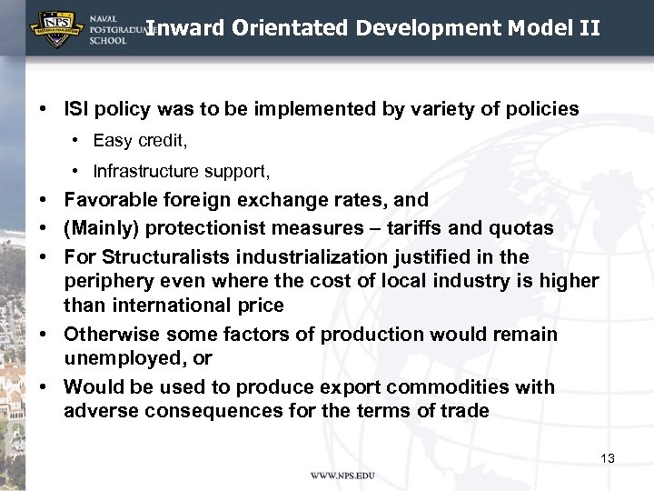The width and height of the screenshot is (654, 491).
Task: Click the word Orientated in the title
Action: (x=290, y=27)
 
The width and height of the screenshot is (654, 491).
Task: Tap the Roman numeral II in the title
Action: (x=589, y=27)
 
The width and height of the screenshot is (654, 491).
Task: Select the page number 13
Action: (x=608, y=458)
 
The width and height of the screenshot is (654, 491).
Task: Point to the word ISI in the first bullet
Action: (x=77, y=109)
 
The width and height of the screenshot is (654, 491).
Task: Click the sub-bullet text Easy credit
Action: (x=138, y=140)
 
